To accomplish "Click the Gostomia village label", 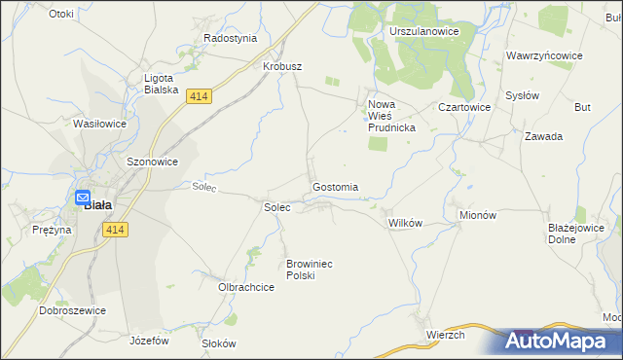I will (335, 187).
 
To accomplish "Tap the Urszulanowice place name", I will (423, 32).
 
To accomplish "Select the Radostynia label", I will (230, 38).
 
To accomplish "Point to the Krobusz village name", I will (283, 66).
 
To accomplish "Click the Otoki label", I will (60, 14).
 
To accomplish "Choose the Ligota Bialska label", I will (160, 84).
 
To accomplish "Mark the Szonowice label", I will (152, 162).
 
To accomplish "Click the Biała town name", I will (97, 205).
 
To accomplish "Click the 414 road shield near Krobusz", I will (199, 95).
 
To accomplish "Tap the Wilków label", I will (405, 223).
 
